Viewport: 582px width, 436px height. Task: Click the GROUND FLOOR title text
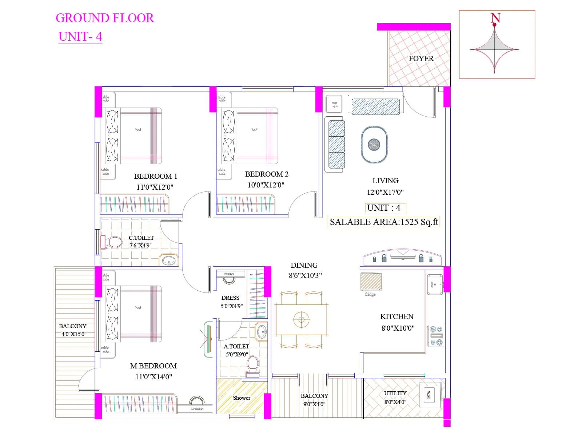click(105, 18)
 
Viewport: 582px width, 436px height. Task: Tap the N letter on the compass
click(495, 18)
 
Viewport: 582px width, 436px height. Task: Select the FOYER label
click(421, 58)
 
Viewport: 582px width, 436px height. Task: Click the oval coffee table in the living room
click(374, 145)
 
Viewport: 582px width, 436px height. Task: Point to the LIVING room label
click(385, 181)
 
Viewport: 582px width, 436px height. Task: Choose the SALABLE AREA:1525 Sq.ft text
click(384, 222)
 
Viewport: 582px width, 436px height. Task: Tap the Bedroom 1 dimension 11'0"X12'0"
click(155, 187)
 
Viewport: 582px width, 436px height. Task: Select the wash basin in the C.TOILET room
click(168, 261)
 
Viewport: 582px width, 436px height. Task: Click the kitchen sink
click(435, 284)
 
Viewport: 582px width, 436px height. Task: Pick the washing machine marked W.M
click(428, 395)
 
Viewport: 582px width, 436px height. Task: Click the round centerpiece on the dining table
click(301, 320)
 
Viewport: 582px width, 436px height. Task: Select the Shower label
click(242, 398)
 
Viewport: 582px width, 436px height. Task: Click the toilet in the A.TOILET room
click(252, 365)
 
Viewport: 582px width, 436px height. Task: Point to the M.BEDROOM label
click(153, 366)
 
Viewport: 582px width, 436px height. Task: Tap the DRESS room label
click(230, 298)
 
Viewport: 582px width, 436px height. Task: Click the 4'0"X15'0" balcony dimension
click(74, 334)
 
